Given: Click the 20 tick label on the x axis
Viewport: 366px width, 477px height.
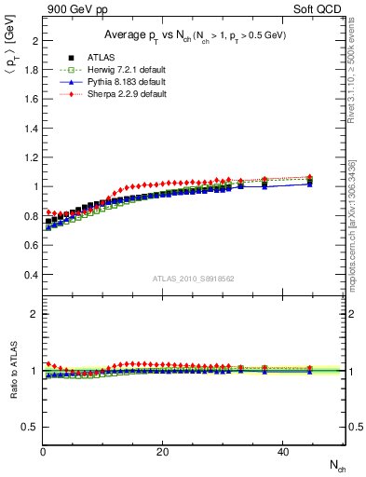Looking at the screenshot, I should pos(163,452).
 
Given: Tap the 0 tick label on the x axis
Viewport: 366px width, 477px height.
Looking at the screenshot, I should pos(43,452).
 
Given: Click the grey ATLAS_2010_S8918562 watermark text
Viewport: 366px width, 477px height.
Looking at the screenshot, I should pos(193,279).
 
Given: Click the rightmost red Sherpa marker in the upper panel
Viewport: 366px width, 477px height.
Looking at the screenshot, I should pos(310,177).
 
